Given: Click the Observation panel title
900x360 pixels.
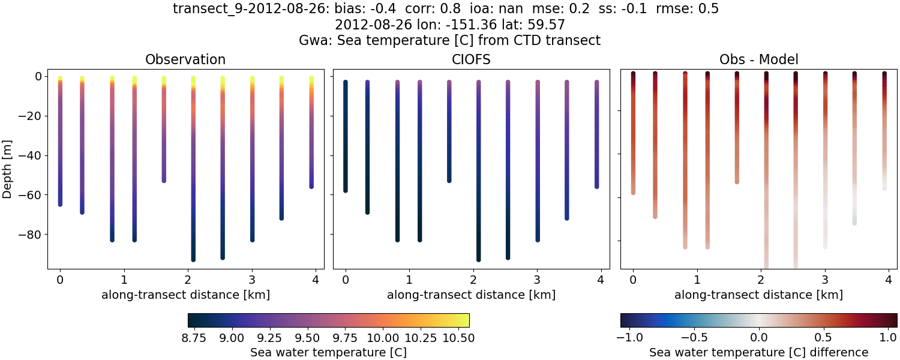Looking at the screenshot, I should point(185,59).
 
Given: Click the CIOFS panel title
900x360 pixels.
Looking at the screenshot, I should point(471,59).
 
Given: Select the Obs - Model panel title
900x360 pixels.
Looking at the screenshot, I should point(758,59).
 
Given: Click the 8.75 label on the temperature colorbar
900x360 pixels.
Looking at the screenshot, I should point(194,338).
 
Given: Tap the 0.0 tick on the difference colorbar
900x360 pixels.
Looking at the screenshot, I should point(759,338).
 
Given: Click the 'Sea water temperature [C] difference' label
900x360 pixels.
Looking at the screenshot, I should point(758,352).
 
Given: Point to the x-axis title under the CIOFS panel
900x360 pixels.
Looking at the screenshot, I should point(471,295).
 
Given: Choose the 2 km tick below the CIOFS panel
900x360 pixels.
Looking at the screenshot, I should point(473,280).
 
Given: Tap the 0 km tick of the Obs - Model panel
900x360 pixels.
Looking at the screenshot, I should point(633,280).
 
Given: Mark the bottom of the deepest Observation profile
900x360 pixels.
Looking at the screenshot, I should point(193,259).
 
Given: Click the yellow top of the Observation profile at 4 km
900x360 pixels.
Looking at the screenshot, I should point(311,79).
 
